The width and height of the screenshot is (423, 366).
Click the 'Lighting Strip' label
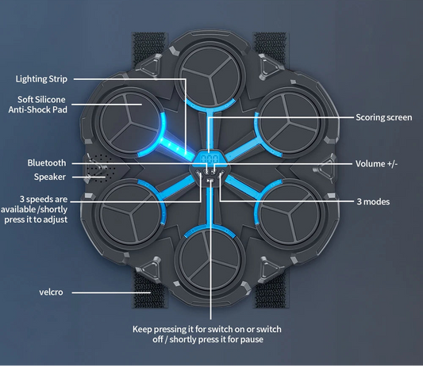[x=41, y=79]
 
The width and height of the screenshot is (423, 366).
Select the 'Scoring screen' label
[x=383, y=117]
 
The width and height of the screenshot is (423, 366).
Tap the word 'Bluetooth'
[x=47, y=163]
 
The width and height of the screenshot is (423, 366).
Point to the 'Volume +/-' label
[x=376, y=164]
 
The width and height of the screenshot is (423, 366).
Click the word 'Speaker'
[x=50, y=177]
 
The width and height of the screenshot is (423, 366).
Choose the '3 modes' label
[x=373, y=202]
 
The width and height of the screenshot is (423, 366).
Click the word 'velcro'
[x=51, y=292]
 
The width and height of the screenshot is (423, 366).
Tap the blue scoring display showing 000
[x=210, y=158]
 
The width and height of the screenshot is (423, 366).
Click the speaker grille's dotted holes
[x=101, y=168]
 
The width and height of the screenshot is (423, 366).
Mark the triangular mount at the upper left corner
[x=151, y=66]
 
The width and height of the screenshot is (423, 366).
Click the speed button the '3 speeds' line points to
[x=199, y=173]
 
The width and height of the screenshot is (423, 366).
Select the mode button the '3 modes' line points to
[x=221, y=173]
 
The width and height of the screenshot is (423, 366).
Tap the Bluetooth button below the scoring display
[x=206, y=171]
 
